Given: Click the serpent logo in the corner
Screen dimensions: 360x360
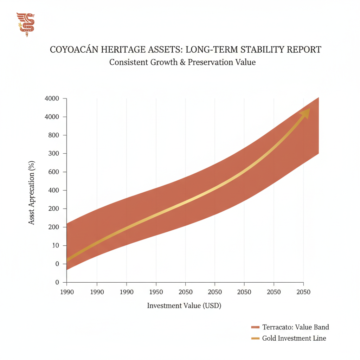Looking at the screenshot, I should coord(26,24).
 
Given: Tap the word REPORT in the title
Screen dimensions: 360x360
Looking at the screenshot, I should coord(303,50).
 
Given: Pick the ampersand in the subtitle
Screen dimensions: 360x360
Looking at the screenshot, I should coord(181,62).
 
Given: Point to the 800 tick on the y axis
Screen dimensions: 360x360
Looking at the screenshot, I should coord(53,135).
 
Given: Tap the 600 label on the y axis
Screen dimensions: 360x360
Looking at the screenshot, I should coord(53,172).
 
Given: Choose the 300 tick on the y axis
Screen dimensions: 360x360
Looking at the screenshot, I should coord(53,154).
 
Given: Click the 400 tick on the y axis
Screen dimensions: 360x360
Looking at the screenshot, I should coord(53,191).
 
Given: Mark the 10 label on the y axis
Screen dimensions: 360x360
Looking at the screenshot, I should coord(55,246).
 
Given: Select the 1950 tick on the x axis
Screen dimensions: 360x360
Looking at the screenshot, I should coord(156,292).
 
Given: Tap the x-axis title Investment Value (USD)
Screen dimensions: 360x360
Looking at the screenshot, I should coord(184,306).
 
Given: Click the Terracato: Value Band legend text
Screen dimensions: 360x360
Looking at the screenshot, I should coord(296,327).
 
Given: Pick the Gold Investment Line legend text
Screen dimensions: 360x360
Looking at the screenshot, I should coord(294,339).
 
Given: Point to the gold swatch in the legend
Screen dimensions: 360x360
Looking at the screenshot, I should coord(255,339).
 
